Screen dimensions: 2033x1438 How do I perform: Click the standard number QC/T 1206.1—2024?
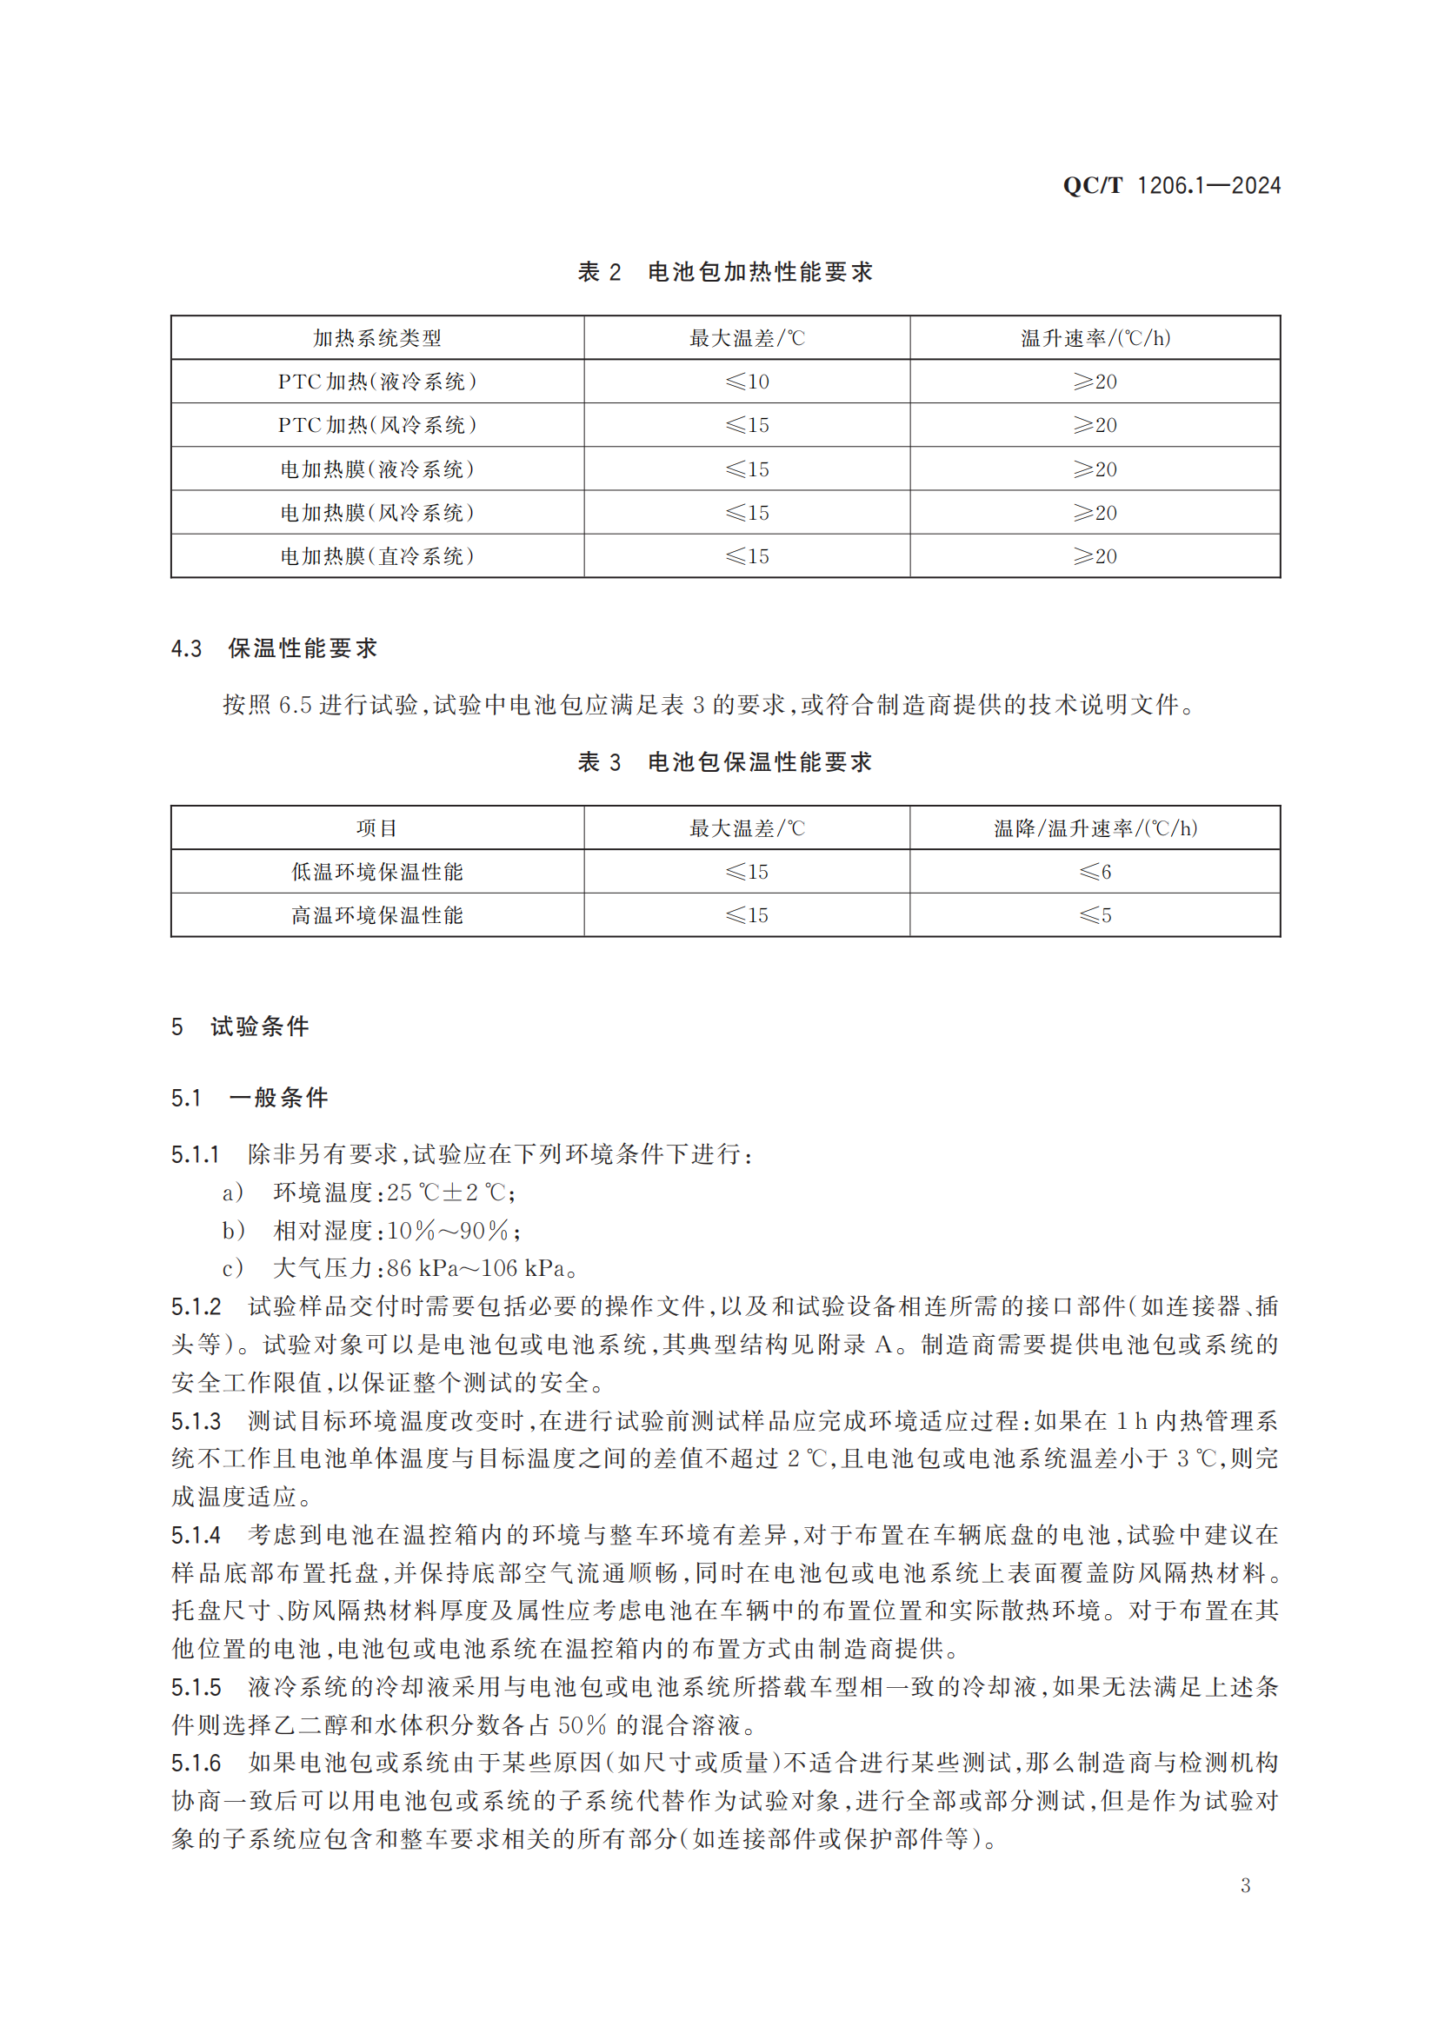1170,186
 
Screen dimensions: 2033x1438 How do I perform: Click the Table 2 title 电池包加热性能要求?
759,272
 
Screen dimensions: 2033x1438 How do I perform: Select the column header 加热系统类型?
377,338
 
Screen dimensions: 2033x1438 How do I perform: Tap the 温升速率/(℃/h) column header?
1095,338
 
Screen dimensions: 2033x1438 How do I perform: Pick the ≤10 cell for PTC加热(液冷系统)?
747,382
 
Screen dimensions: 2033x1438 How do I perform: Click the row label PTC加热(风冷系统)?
377,425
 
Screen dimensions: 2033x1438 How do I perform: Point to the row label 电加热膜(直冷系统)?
377,556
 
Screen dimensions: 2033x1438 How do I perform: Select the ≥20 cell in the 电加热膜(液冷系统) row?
1095,469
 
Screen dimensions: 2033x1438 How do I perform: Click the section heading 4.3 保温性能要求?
275,648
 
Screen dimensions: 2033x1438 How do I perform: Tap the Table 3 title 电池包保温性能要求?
759,762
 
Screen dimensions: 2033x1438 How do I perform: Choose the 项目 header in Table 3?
377,829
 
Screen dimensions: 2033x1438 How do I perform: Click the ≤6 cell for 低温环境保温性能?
1095,872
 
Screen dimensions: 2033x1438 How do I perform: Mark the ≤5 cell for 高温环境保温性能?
1095,915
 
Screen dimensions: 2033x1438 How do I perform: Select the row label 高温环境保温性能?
377,915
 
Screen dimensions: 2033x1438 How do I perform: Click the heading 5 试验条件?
240,1026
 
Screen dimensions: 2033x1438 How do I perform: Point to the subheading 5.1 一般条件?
250,1098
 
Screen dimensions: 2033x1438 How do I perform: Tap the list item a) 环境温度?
369,1193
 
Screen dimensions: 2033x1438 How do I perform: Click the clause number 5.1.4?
196,1535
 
